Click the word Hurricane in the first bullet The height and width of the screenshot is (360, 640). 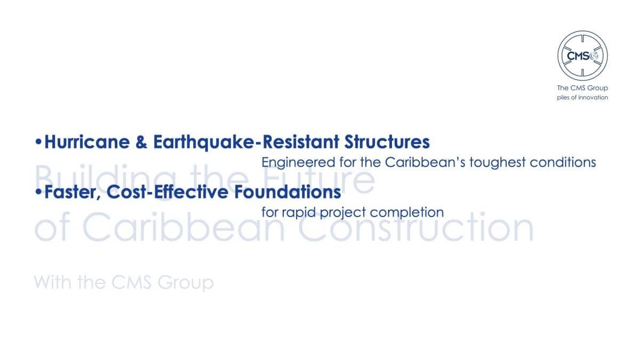coord(87,142)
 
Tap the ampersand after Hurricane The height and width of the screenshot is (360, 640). coord(141,142)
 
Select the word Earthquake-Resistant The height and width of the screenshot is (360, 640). coord(246,142)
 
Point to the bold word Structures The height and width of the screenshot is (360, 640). coord(387,142)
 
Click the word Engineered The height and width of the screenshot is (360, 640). coord(298,163)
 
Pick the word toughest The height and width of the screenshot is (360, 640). coord(498,163)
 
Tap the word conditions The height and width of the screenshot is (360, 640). coord(563,162)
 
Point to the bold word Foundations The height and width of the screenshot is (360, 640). coord(287,192)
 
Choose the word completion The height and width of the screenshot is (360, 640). coord(407,213)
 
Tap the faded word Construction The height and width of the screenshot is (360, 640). coord(416,227)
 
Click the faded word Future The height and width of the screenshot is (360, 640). coord(318,179)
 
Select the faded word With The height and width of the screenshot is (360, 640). coord(53,282)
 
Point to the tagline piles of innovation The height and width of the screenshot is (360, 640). coord(582,98)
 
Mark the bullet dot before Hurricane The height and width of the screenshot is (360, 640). coord(38,142)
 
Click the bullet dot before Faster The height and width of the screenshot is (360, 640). coord(38,191)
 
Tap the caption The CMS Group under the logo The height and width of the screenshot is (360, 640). coord(582,88)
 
